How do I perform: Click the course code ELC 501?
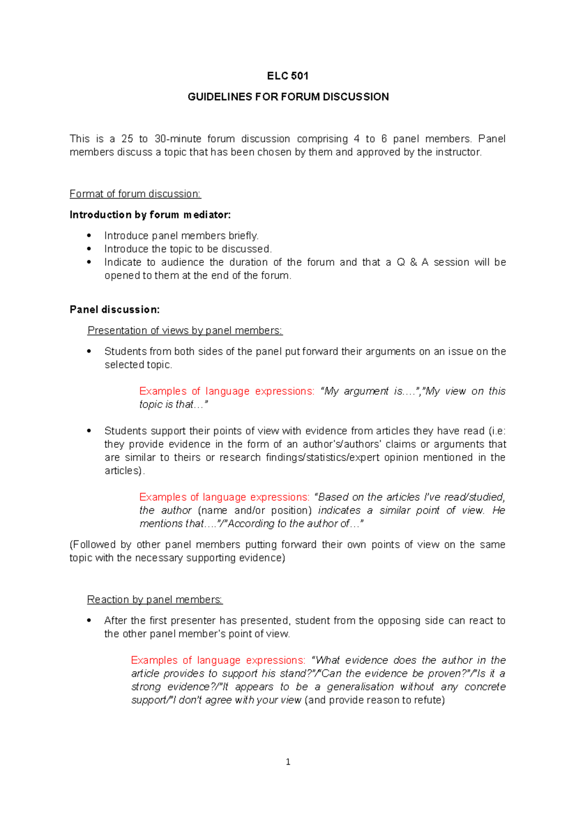288,76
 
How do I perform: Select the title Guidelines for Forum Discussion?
288,97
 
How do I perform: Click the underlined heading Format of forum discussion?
135,194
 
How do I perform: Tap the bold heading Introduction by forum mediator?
150,215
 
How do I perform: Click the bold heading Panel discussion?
114,310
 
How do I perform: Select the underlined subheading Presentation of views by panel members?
185,331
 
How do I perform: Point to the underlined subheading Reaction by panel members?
155,600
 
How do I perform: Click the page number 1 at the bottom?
288,762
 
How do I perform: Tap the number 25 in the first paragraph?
127,139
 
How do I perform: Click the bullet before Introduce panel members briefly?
89,236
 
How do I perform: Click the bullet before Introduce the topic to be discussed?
89,249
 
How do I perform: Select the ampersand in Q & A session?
413,263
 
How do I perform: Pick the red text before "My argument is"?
227,391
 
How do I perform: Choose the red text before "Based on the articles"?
224,497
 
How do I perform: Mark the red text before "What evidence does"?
218,660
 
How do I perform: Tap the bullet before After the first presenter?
89,621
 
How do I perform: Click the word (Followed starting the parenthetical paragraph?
92,545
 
